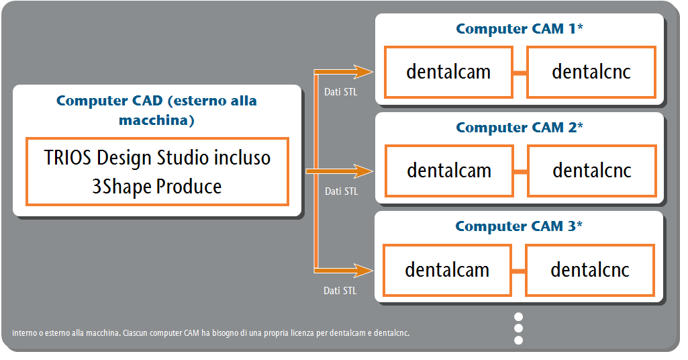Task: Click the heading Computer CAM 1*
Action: (520, 28)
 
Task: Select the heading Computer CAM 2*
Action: (520, 128)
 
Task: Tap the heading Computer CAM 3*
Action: (519, 226)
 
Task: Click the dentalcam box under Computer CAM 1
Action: (448, 72)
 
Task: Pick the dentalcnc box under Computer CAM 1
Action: (591, 72)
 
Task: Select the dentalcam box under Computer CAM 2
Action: (449, 171)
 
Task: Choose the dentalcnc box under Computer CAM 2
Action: (592, 171)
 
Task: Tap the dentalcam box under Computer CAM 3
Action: (447, 270)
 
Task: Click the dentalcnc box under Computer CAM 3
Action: (590, 270)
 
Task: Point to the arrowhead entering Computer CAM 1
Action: (363, 72)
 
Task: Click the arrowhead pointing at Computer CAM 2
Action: (363, 171)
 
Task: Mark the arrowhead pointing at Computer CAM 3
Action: (363, 270)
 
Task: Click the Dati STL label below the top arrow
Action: (340, 92)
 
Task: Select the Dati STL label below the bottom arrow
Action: (340, 291)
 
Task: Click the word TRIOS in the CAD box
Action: (68, 158)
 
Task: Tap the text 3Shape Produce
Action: (156, 187)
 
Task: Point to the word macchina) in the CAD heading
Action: (156, 120)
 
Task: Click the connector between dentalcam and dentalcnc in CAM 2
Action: (520, 172)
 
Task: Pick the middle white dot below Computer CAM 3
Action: (518, 328)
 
